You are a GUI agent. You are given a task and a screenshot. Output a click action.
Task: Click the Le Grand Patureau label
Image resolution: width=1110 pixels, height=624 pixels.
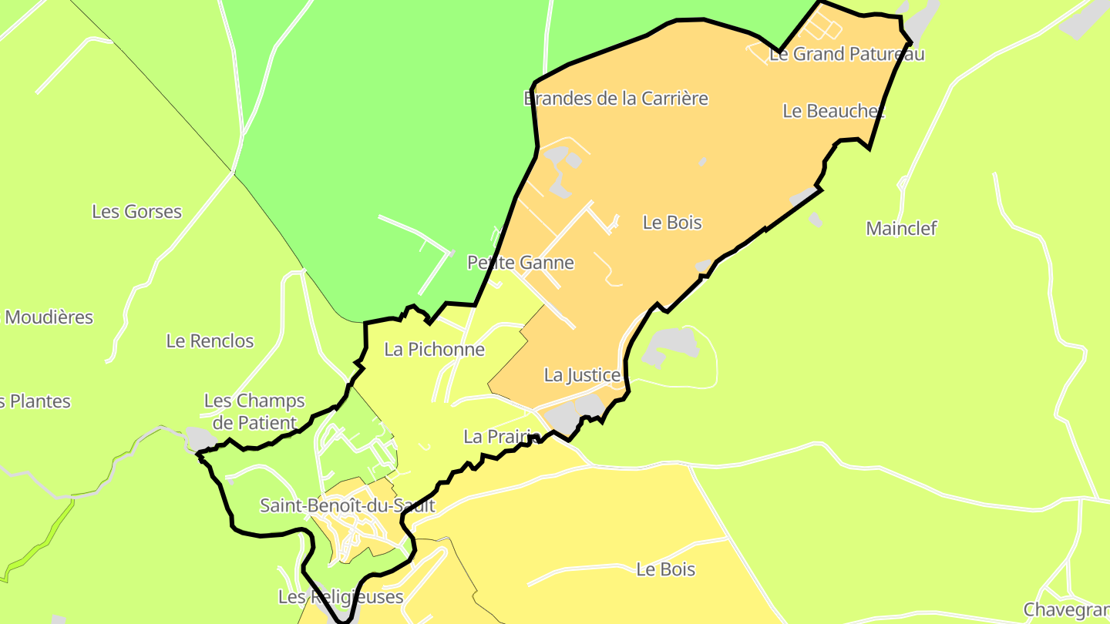point(846,54)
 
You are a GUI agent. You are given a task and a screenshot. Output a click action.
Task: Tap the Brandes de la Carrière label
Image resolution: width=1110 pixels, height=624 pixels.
point(615,99)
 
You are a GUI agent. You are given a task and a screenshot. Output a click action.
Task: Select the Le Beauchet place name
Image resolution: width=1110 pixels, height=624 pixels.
point(832,111)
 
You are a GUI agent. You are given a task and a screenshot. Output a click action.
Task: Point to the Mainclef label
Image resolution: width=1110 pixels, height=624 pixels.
point(901,228)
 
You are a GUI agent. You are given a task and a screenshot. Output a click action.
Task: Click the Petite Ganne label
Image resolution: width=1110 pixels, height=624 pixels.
point(520,263)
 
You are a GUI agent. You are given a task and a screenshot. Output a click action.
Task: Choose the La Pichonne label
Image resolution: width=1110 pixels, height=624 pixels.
point(434,350)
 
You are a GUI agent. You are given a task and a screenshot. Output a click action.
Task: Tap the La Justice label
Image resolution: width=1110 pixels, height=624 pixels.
point(582,375)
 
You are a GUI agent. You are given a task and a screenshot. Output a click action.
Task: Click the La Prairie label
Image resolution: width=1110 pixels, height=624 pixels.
point(500,437)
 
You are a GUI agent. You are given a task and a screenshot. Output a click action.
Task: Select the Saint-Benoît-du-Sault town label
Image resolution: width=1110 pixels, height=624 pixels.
point(347,506)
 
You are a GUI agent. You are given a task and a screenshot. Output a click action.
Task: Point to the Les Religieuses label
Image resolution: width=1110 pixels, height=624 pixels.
point(340,597)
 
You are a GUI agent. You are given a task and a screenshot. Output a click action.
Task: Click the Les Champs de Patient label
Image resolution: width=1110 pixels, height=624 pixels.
point(254,411)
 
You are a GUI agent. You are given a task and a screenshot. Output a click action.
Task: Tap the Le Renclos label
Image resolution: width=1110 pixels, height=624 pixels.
point(210,341)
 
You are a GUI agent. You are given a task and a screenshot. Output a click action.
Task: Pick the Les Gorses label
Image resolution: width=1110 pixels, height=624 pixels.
point(136,211)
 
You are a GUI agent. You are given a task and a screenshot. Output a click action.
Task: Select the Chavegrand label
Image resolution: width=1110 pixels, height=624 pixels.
point(1067,610)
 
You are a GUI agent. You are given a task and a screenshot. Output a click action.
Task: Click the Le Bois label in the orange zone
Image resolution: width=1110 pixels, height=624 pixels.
point(672,223)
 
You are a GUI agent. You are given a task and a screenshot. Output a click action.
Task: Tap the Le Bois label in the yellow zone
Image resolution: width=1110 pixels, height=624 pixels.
point(665,569)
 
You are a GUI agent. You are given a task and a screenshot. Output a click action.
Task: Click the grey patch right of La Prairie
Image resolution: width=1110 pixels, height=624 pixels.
point(575,416)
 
